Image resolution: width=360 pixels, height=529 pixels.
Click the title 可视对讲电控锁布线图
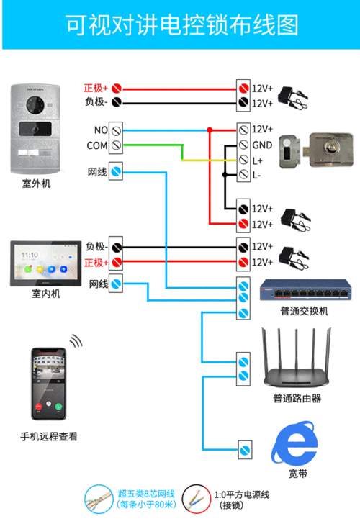(x=180, y=27)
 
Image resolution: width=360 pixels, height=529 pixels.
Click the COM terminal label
(x=96, y=145)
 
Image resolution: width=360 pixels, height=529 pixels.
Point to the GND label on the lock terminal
(x=261, y=144)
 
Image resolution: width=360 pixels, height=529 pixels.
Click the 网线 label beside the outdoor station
(x=97, y=171)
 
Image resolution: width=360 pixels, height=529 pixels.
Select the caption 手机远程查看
(x=49, y=436)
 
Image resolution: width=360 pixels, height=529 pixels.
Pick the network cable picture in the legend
(x=99, y=498)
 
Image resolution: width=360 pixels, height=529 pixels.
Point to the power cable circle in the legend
(x=197, y=498)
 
